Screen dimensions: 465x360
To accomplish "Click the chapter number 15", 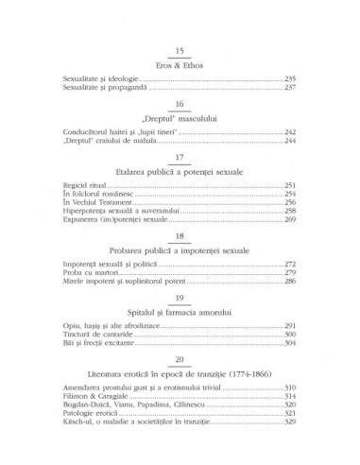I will (180, 50).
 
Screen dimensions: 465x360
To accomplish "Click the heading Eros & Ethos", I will (180, 66).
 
